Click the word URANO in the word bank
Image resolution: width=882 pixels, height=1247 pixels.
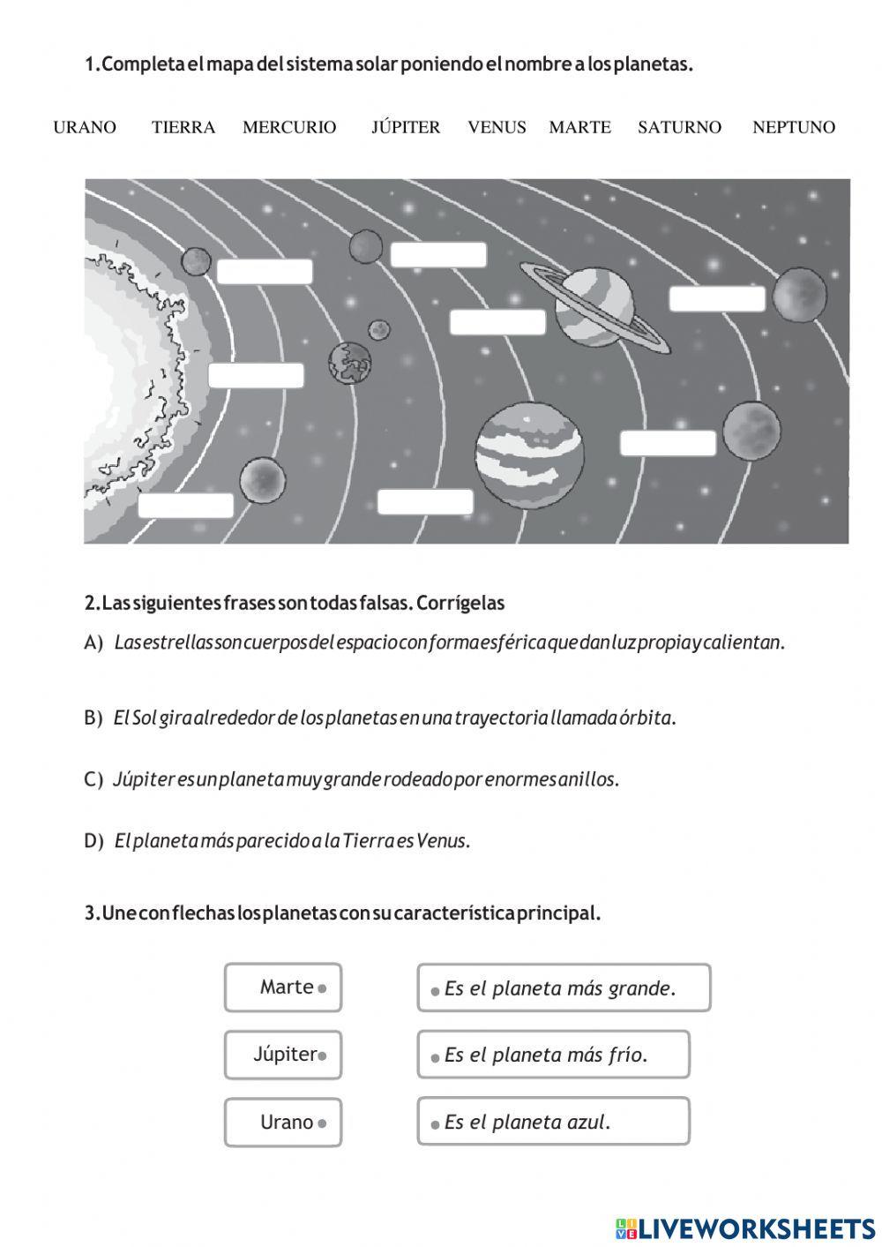[x=85, y=127]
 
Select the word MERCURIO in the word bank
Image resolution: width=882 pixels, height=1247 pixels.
[x=289, y=127]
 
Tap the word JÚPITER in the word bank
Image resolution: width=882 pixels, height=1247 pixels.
[x=406, y=127]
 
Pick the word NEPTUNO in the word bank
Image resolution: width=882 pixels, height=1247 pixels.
[x=793, y=127]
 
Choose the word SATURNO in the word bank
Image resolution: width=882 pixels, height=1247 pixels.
[x=679, y=127]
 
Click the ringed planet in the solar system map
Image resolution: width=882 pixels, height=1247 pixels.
[x=594, y=306]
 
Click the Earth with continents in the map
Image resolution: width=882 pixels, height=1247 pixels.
[x=350, y=363]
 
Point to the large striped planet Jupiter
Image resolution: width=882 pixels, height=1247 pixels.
[x=529, y=454]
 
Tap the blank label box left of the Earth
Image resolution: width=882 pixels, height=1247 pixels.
[x=256, y=376]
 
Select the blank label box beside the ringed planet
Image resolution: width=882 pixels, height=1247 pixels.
[x=497, y=322]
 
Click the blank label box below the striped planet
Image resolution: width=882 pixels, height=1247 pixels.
[x=425, y=502]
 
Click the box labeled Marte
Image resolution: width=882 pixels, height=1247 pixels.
[x=283, y=988]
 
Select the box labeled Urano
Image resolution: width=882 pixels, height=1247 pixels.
[x=283, y=1123]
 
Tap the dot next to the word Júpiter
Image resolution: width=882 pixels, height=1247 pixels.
[x=322, y=1055]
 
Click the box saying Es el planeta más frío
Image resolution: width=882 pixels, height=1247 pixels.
[x=553, y=1055]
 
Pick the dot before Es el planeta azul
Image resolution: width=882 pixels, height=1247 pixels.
[x=435, y=1124]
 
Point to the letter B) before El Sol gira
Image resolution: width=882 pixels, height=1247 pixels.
[x=93, y=718]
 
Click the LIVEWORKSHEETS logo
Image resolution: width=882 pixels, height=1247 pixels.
[x=745, y=1228]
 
